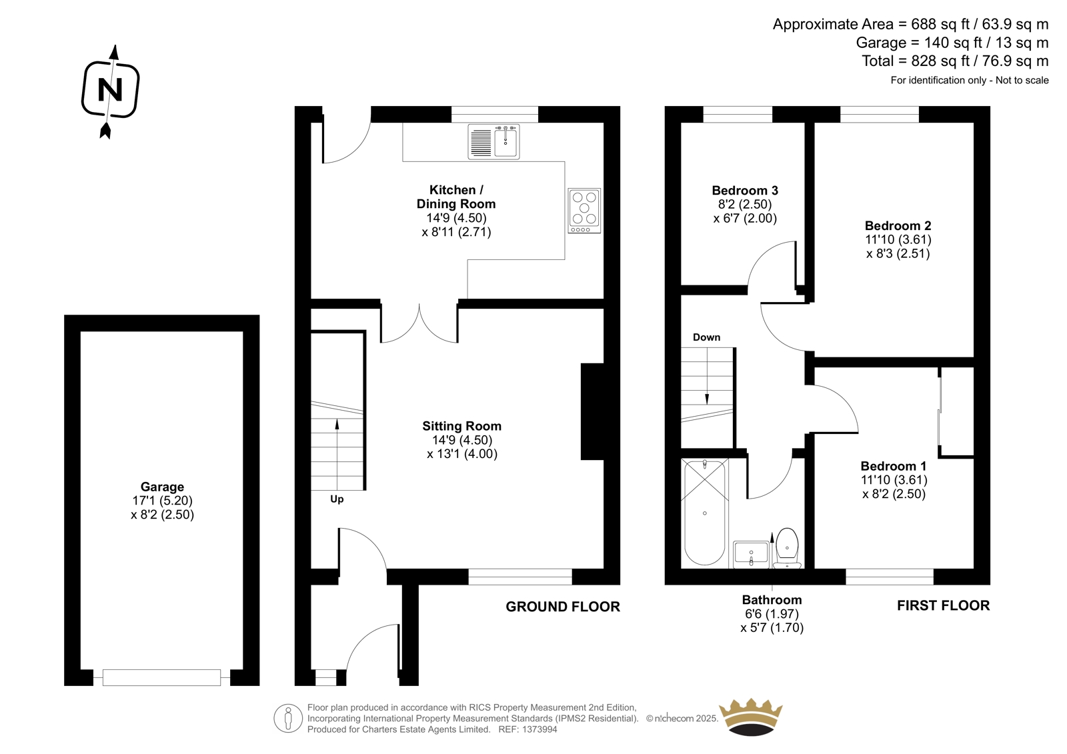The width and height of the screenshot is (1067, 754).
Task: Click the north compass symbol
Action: [111, 91]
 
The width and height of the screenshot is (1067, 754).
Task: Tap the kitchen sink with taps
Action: [493, 141]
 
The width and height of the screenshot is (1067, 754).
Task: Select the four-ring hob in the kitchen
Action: [584, 211]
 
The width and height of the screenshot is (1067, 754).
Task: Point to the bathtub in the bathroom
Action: [704, 511]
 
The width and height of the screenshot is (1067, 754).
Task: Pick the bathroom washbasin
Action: [751, 554]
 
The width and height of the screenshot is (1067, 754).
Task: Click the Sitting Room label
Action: [461, 426]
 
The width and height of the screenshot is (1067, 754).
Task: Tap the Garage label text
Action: [162, 487]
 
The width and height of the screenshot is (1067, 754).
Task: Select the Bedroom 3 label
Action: [745, 191]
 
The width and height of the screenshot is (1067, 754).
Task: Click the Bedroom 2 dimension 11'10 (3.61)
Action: [898, 239]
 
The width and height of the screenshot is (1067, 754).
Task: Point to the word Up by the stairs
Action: [337, 499]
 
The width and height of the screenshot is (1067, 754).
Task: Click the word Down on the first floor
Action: [706, 337]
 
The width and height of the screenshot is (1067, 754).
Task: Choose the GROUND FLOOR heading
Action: [563, 607]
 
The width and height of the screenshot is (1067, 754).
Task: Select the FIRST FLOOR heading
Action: [943, 605]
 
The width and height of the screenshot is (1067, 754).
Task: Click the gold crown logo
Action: [751, 717]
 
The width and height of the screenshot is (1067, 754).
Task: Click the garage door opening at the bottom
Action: [161, 677]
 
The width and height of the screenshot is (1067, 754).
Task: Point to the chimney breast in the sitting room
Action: [592, 411]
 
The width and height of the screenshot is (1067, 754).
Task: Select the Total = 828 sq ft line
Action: [954, 61]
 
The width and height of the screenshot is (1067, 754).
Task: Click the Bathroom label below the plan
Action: [772, 600]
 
